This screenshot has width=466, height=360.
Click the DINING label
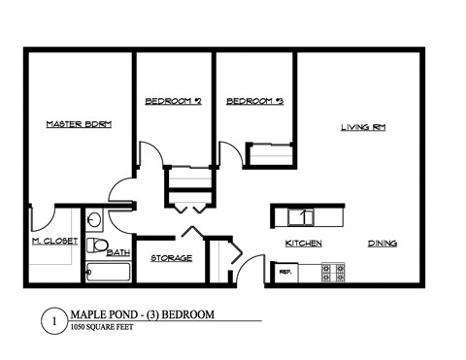(x=382, y=243)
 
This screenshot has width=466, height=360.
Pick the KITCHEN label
(x=303, y=243)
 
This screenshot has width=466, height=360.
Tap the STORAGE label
(x=171, y=258)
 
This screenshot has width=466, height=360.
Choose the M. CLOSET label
(x=54, y=240)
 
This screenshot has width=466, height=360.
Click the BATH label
(x=118, y=253)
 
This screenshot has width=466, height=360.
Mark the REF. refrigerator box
(x=285, y=273)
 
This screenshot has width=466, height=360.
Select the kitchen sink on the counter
(x=304, y=216)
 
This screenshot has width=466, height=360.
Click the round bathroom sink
(x=95, y=217)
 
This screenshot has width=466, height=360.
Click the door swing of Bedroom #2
(x=150, y=155)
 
